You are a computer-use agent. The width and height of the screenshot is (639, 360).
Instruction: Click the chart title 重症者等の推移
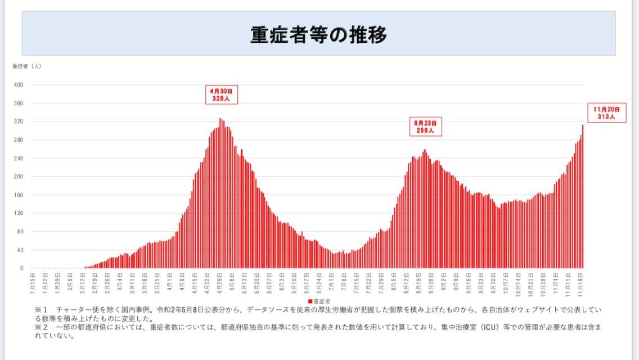[x=319, y=35]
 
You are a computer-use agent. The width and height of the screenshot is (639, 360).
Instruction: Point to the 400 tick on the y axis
[x=19, y=85]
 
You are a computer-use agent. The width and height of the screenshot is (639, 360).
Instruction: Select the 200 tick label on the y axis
[x=19, y=177]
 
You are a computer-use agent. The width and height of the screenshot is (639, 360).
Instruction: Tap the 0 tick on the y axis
[x=21, y=268]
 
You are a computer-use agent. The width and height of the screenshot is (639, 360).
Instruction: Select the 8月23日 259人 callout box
[x=425, y=127]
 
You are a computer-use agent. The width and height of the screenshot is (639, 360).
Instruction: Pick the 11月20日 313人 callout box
[x=606, y=113]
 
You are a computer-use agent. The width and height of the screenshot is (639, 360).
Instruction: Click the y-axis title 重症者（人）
[x=26, y=66]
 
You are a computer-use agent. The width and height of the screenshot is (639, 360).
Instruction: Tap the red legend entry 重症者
[x=319, y=301]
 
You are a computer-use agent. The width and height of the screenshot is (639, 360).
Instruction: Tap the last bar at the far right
[x=583, y=197]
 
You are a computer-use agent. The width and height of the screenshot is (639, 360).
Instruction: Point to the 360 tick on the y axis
[x=19, y=103]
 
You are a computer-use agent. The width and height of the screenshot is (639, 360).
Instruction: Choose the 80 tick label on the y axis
[x=20, y=232]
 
